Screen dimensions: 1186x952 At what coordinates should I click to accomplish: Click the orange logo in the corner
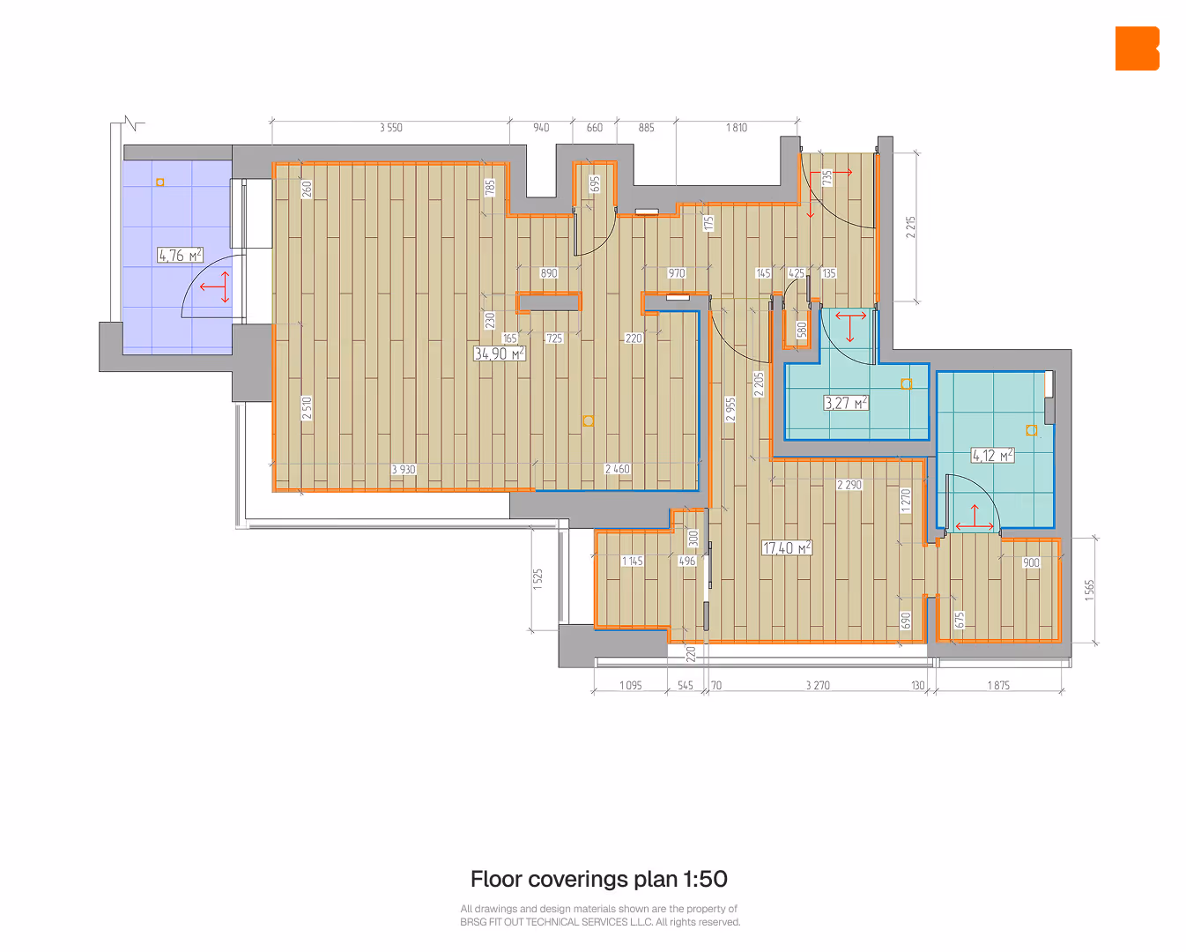tap(1137, 48)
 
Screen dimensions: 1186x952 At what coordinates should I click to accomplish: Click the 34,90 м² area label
tap(500, 353)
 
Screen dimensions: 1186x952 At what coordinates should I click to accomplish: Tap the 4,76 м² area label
tap(180, 255)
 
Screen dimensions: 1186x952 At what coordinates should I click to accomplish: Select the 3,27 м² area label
tap(846, 403)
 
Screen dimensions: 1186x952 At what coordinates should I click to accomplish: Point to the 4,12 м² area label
tap(992, 456)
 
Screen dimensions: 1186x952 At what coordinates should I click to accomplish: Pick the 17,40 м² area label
tap(787, 547)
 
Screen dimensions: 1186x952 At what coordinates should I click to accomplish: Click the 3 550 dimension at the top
tap(390, 128)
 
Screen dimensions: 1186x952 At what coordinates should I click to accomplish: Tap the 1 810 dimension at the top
tap(737, 128)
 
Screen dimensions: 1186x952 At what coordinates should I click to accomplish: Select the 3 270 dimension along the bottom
tap(818, 685)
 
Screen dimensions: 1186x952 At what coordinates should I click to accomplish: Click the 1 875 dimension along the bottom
tap(998, 685)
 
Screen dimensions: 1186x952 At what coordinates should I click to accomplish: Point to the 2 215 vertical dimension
tap(910, 227)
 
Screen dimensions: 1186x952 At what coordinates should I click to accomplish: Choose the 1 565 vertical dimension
tap(1089, 591)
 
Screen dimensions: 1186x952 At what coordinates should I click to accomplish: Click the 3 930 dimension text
tap(404, 470)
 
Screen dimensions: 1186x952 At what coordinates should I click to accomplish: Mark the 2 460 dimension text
tap(618, 469)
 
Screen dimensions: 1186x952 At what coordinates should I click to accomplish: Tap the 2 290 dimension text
tap(849, 485)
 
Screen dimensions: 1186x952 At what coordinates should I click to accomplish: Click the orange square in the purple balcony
tap(159, 182)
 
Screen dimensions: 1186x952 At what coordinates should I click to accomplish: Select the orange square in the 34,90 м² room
tap(588, 421)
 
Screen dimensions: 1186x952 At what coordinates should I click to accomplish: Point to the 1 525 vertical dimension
tap(537, 579)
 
